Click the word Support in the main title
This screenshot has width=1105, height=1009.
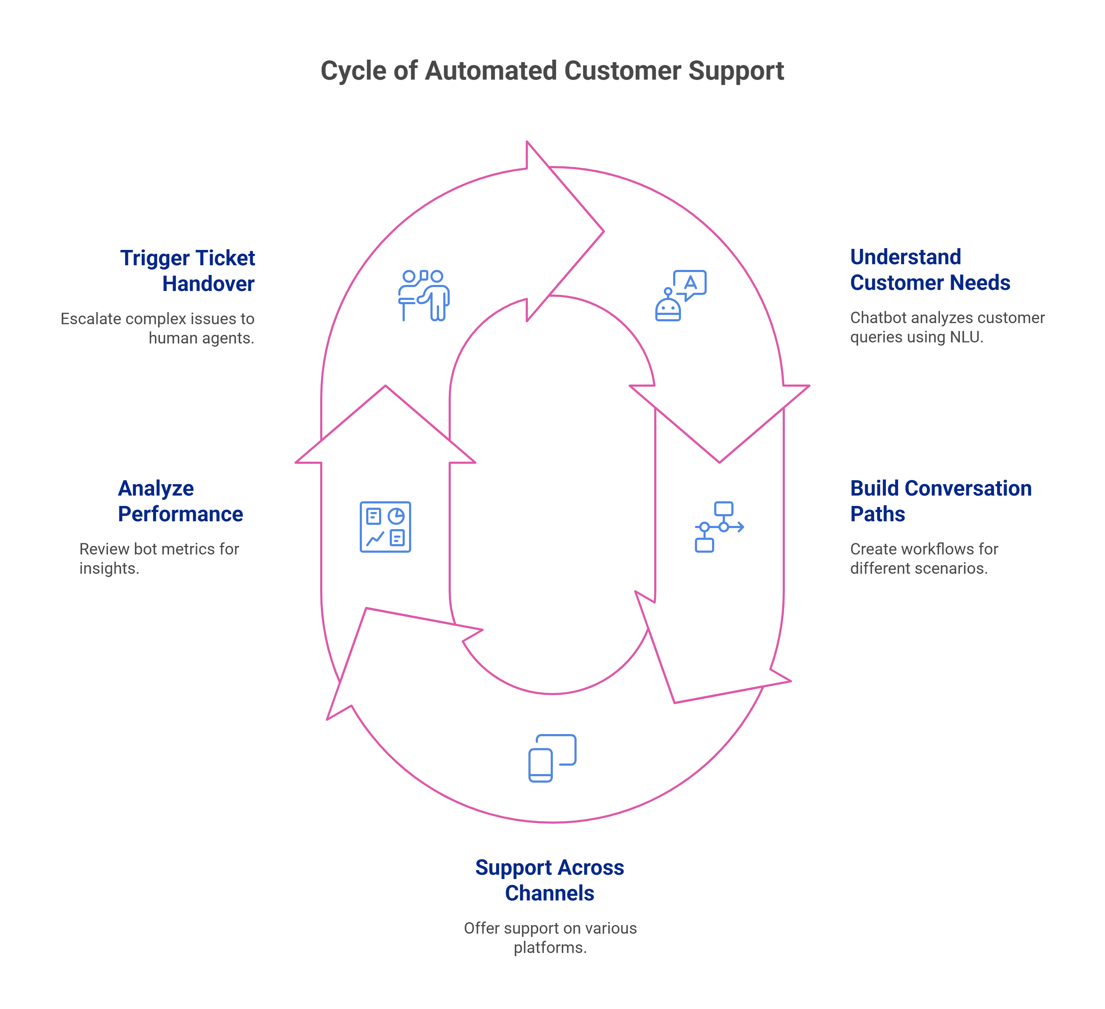(x=736, y=71)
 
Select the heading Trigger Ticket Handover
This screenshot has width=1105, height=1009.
(x=188, y=271)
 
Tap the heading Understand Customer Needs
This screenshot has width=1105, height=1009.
(x=930, y=270)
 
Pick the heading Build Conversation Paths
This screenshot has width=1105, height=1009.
(x=940, y=501)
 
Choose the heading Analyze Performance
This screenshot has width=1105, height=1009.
(x=180, y=501)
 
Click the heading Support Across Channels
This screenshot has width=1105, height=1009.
(x=549, y=880)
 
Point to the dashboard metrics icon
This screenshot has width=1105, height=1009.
(x=385, y=526)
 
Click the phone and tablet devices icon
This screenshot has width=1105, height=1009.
(x=552, y=758)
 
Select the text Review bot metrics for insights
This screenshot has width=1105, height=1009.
(x=159, y=558)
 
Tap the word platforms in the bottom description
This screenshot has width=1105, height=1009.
(x=550, y=948)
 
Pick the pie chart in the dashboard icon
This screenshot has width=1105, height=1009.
(x=396, y=516)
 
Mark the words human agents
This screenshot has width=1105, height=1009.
(x=201, y=338)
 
